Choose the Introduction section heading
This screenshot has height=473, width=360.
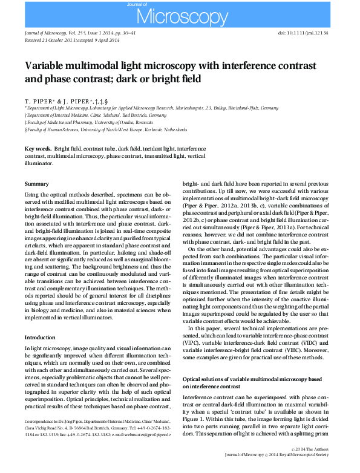(x=39, y=337)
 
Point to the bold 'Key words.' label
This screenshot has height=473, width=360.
(x=38, y=148)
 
